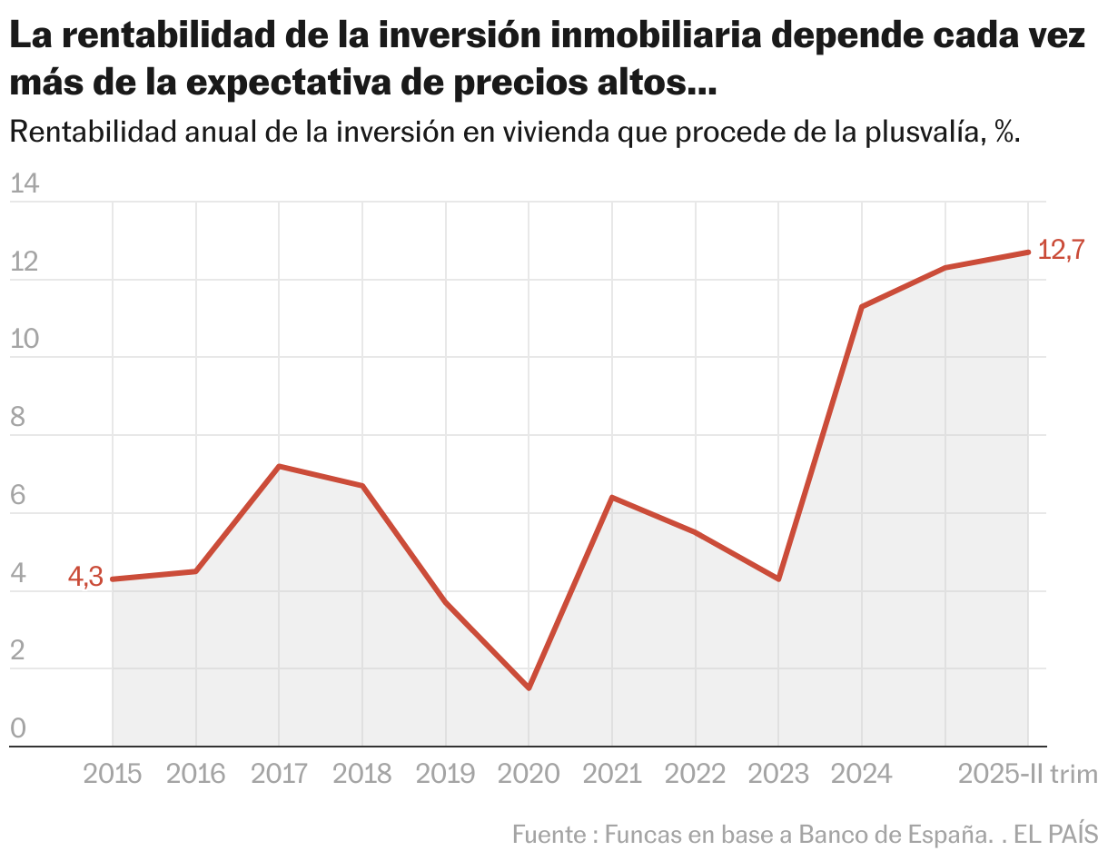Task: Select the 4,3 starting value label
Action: [85, 577]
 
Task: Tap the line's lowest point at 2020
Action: [529, 688]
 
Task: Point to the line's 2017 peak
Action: [279, 466]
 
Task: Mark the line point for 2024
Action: [861, 307]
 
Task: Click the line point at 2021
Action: [612, 497]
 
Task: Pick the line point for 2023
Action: [778, 579]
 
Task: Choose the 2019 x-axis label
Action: [445, 774]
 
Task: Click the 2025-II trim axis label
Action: [1028, 774]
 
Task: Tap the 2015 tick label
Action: [113, 774]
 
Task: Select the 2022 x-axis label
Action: [695, 774]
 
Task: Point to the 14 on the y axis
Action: [25, 184]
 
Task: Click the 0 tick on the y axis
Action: [17, 729]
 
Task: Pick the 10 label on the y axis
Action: [25, 341]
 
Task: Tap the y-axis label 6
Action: [17, 496]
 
